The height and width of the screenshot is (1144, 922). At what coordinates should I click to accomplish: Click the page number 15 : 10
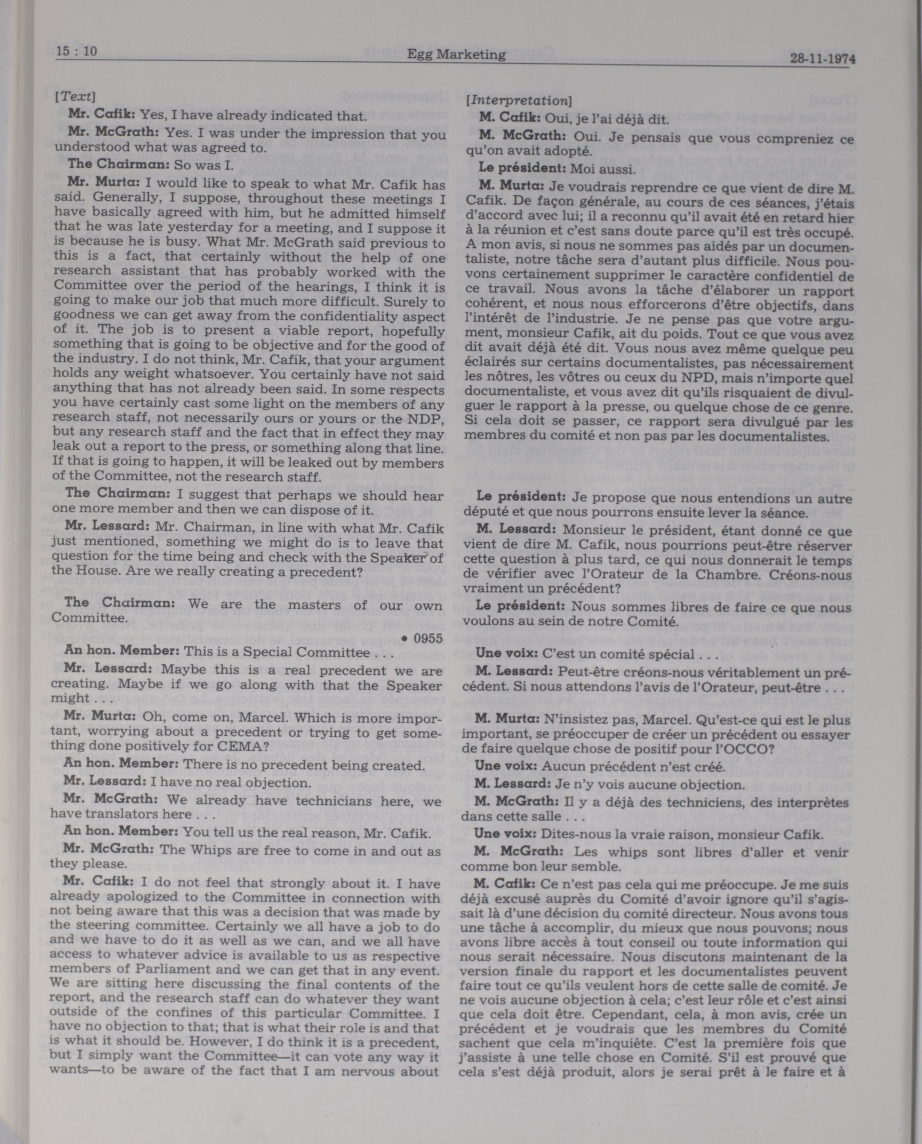tap(76, 52)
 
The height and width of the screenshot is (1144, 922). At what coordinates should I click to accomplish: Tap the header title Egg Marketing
tap(456, 55)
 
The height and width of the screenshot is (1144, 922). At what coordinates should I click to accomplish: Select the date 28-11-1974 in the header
tap(822, 59)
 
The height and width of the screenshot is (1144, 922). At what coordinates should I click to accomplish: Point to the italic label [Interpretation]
tap(518, 101)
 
